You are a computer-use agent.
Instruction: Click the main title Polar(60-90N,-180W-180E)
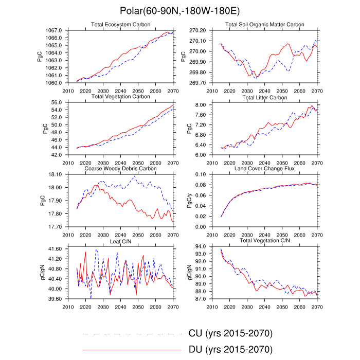pyautogui.click(x=180, y=11)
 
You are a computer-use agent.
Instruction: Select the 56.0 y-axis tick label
pyautogui.click(x=57, y=103)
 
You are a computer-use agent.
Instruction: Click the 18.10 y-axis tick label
pyautogui.click(x=56, y=175)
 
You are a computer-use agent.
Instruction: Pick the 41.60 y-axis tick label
pyautogui.click(x=56, y=249)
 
